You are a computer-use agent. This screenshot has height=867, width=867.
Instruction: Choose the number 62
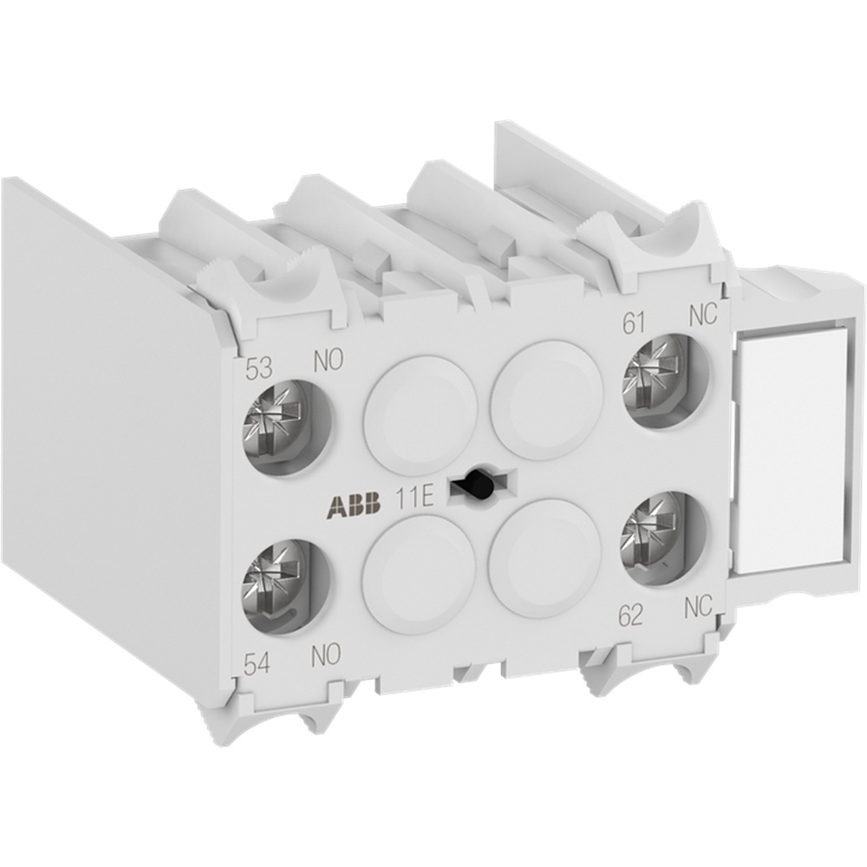click(630, 616)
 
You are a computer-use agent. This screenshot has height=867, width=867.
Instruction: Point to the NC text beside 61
click(703, 316)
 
